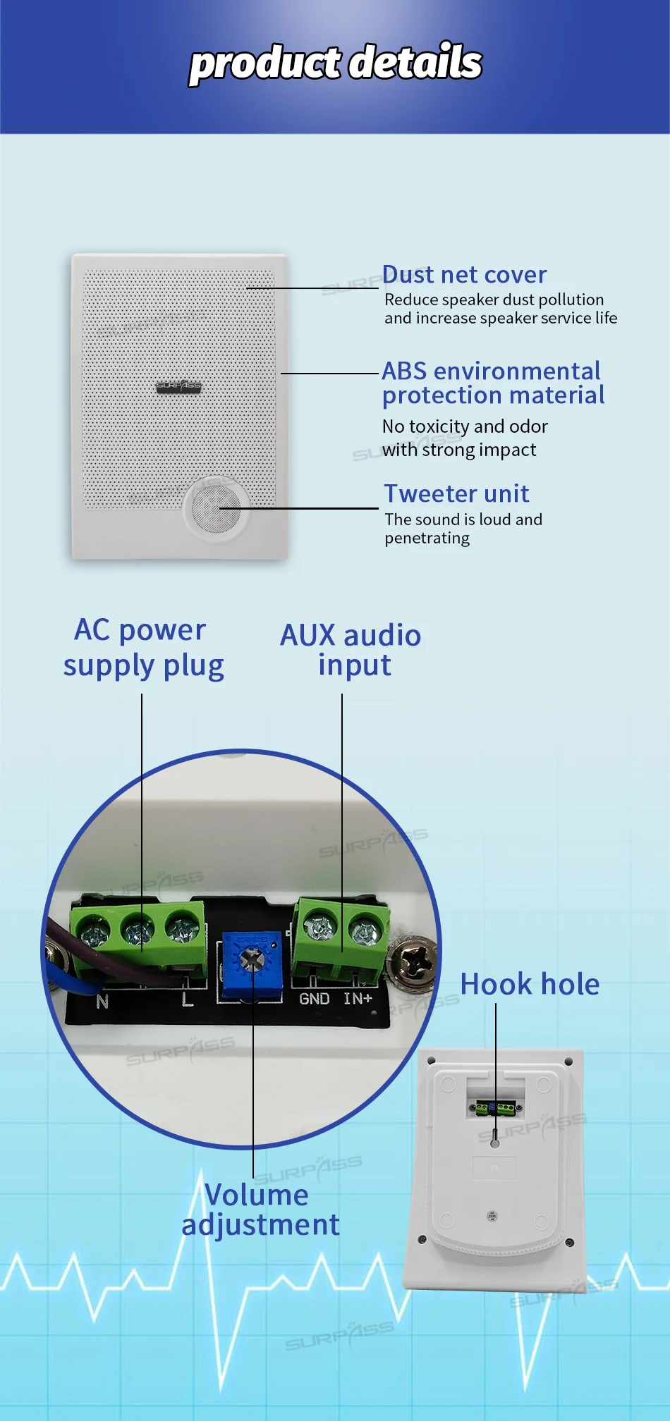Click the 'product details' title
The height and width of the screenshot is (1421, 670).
[336, 63]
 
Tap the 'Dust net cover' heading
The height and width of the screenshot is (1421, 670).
[464, 274]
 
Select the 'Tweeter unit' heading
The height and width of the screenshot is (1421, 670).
[456, 493]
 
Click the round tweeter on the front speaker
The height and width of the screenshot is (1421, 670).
[217, 508]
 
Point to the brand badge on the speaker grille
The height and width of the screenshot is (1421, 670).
[178, 386]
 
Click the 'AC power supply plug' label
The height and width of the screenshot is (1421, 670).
[142, 648]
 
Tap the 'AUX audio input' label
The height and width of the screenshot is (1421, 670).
[351, 650]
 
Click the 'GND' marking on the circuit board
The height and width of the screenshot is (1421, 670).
[314, 999]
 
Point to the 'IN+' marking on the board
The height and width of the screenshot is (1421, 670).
[358, 999]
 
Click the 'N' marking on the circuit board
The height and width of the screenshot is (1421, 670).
[102, 1001]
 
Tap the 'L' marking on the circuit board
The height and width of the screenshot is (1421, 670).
[187, 999]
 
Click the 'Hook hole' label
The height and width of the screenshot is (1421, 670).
[530, 984]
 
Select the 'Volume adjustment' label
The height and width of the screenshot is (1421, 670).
[260, 1210]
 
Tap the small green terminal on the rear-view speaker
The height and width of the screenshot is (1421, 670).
[494, 1107]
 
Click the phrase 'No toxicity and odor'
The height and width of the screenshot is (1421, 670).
[465, 426]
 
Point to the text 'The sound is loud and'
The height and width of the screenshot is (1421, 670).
[463, 519]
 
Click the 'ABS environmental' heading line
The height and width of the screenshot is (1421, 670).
[491, 371]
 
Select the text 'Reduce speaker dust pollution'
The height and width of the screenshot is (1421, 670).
[494, 300]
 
